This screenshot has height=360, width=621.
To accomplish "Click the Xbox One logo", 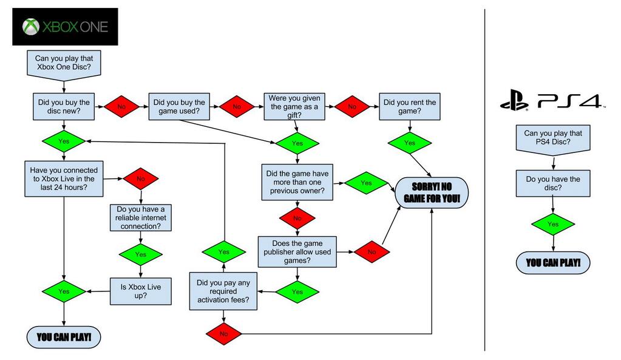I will [65, 27].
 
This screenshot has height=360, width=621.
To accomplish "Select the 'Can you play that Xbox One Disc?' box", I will [63, 63].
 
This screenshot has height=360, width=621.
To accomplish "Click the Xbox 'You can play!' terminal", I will [63, 337].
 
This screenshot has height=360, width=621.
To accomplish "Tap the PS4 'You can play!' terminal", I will [553, 263].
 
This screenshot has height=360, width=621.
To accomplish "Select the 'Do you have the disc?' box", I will [553, 183].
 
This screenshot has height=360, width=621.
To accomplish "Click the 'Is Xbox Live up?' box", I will [141, 291].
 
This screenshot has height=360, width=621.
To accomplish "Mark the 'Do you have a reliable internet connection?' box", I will [141, 217].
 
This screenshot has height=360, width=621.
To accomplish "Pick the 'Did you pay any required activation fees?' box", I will [223, 291].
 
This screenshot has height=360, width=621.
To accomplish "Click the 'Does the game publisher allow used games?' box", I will [297, 251].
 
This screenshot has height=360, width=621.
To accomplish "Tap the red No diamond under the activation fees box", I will [223, 333].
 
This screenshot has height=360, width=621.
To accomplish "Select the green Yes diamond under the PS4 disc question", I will [553, 224].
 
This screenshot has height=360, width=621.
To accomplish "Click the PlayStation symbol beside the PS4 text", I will [514, 101].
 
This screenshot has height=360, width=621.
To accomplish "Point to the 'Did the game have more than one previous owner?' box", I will [297, 182].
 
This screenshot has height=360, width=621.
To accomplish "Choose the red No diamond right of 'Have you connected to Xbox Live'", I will [141, 179].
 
